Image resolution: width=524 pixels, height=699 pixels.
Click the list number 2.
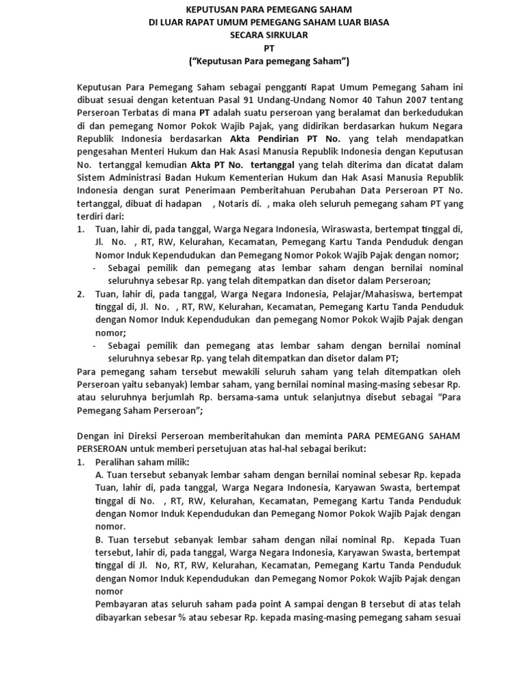tap(80, 294)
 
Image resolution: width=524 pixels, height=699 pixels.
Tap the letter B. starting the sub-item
tap(100, 540)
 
